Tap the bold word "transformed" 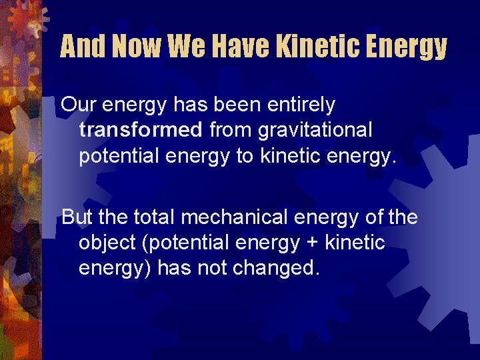140,129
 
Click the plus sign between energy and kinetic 312,243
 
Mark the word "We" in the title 185,47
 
